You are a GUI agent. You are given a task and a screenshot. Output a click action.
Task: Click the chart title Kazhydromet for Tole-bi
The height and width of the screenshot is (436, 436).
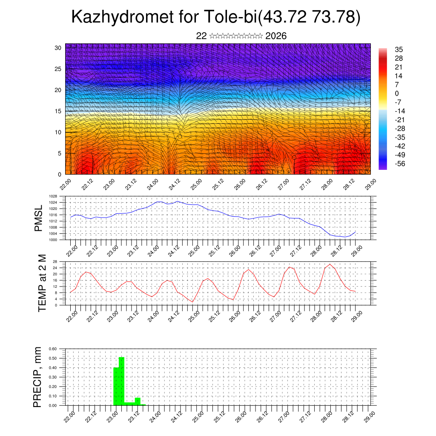(216, 17)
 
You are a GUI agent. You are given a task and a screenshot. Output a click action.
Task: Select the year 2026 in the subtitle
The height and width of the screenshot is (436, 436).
(276, 36)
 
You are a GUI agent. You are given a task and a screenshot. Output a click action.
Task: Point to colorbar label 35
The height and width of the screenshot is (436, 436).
(399, 49)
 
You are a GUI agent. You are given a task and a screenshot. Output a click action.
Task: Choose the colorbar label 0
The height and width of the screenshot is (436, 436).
(397, 93)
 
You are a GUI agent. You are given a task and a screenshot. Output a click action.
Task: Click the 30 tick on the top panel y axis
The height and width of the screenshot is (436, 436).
(57, 48)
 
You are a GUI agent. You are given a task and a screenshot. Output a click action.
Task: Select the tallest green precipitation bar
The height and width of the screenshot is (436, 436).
(121, 381)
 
